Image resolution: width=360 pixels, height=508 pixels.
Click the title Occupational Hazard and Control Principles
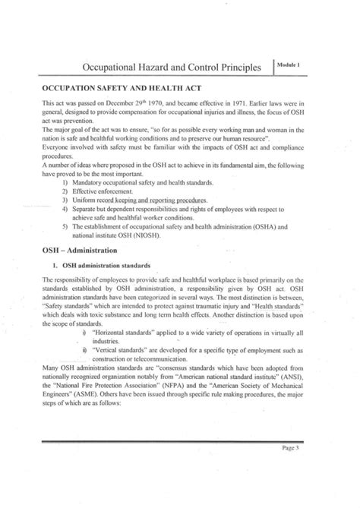[x=176, y=68]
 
